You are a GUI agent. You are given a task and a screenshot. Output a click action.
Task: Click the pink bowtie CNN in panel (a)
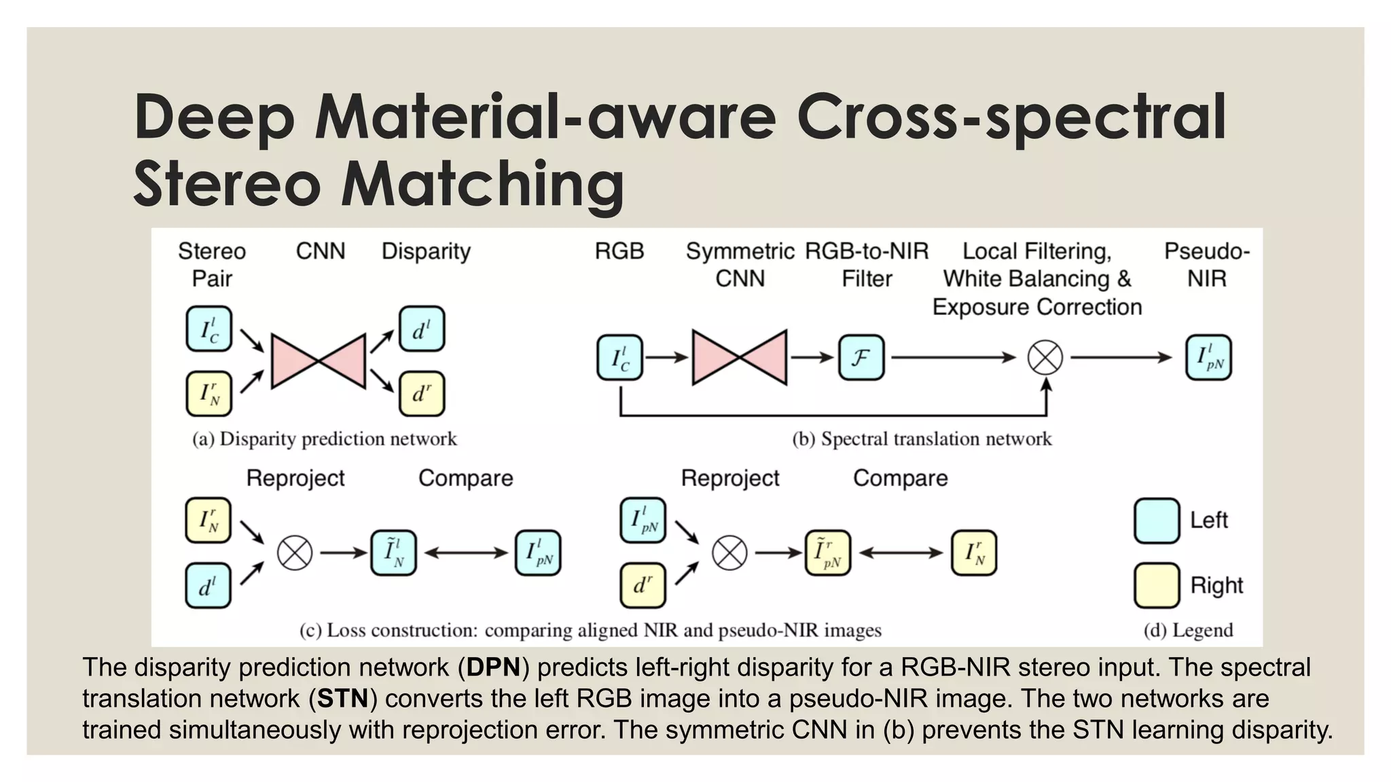tap(318, 360)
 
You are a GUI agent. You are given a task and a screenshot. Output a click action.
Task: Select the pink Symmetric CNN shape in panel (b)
tap(740, 357)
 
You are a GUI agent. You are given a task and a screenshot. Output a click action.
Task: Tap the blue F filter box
tap(861, 357)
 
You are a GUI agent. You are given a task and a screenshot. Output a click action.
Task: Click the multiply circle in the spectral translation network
tap(1045, 357)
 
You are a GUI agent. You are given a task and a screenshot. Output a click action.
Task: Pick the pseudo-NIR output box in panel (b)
tap(1208, 357)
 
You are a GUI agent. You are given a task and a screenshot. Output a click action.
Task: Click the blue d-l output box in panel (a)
tap(421, 329)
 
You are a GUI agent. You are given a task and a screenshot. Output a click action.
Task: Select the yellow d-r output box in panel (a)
tap(421, 394)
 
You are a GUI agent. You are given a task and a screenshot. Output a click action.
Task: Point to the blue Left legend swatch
tap(1156, 521)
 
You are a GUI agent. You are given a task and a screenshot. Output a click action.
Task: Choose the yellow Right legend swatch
tap(1156, 585)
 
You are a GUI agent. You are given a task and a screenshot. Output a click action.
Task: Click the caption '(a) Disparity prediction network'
tap(325, 439)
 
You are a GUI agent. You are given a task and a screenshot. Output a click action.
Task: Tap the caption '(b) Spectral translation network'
tap(922, 439)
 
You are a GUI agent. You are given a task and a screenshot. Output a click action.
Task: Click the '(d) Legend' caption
tap(1188, 631)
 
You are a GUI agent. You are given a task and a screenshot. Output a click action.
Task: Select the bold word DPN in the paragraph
tap(493, 667)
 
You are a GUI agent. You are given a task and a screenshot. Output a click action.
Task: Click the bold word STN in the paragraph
tap(342, 699)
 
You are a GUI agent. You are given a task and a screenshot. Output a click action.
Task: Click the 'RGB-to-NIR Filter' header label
tap(867, 265)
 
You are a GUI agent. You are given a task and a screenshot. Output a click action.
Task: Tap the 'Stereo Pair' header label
tap(212, 265)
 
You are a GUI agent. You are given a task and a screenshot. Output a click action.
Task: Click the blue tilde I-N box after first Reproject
tap(393, 553)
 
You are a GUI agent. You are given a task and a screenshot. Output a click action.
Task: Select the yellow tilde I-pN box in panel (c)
tap(827, 553)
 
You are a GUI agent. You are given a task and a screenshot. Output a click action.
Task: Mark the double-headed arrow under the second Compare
tap(901, 553)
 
